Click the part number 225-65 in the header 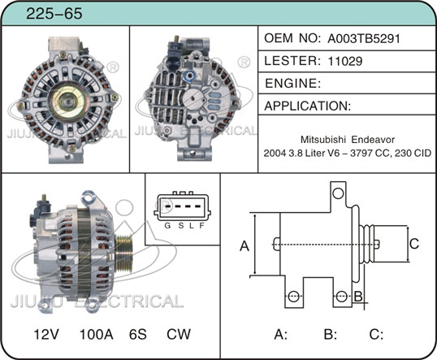(x=54, y=13)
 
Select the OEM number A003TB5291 (x=364, y=38)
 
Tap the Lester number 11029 (x=345, y=61)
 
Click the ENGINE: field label (x=292, y=84)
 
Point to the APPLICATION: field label (x=308, y=106)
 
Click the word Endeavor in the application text (x=373, y=140)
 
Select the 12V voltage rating (x=46, y=334)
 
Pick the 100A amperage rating (x=96, y=334)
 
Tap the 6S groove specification (x=137, y=334)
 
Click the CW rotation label (x=179, y=334)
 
